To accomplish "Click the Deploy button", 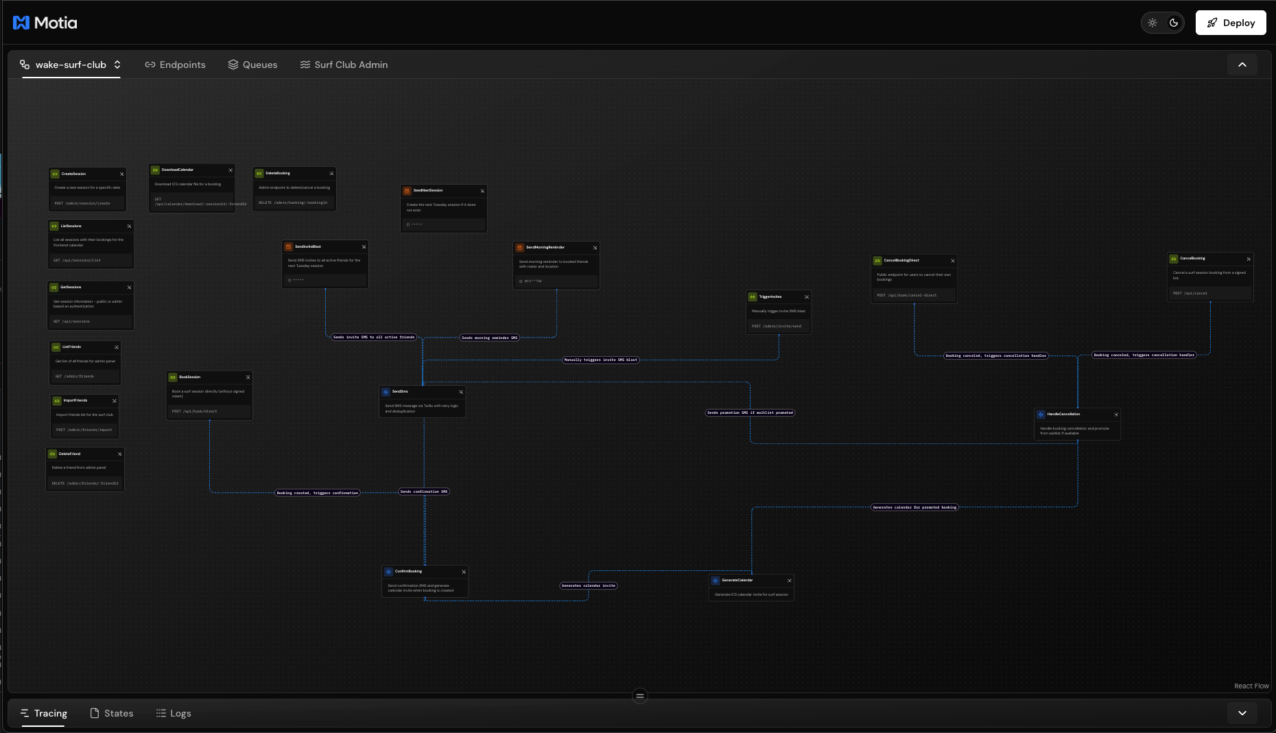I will [x=1231, y=23].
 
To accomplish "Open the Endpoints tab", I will [x=175, y=65].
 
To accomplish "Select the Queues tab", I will [x=252, y=65].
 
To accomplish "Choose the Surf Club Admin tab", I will [x=344, y=65].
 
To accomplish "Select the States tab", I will [x=112, y=713].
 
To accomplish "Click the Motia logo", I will [x=45, y=23].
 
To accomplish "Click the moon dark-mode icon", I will [x=1174, y=23].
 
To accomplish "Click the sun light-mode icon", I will [x=1153, y=23].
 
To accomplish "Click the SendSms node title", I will [x=400, y=391].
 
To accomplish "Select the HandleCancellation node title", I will [x=1063, y=414].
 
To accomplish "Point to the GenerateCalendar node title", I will [x=737, y=580].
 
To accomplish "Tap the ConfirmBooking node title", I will [x=408, y=571].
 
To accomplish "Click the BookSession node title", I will [x=189, y=377].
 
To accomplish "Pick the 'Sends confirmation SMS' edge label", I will [x=424, y=491].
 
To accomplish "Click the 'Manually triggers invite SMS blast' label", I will [x=600, y=360].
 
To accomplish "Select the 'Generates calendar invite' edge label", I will [x=589, y=585].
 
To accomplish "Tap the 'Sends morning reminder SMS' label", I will [x=490, y=338].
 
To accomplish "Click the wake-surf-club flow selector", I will [x=71, y=65].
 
